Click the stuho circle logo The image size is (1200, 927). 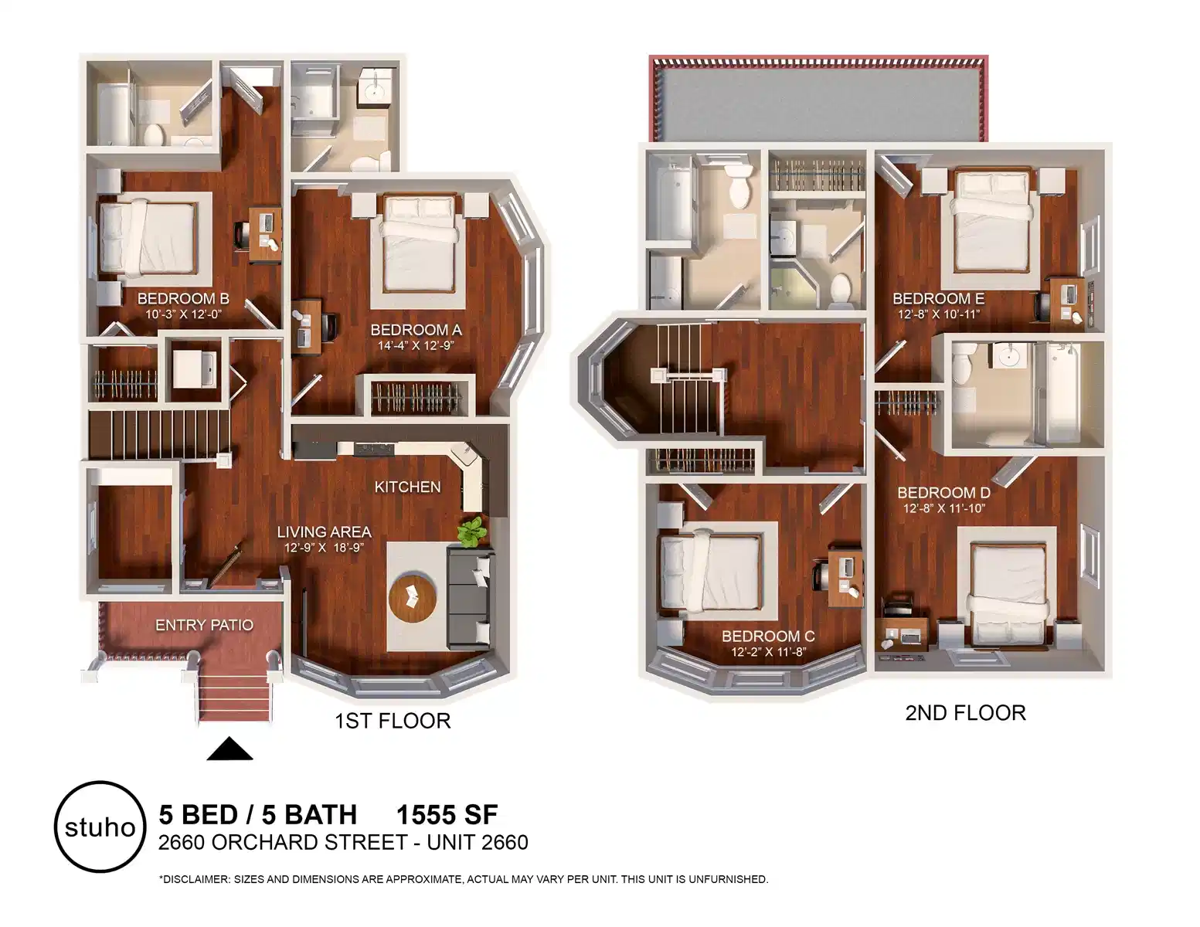[x=100, y=827]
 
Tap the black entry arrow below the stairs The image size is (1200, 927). [x=229, y=749]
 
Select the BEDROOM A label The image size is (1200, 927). [x=416, y=330]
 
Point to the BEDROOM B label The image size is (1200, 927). [x=183, y=299]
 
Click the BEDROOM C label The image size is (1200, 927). [x=768, y=636]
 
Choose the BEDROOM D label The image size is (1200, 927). [x=943, y=492]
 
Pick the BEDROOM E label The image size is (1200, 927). [x=938, y=298]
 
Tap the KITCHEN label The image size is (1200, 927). [x=407, y=487]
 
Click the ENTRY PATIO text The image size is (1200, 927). [x=204, y=625]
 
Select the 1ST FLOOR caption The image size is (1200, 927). [x=393, y=721]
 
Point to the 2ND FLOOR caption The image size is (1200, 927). [x=965, y=712]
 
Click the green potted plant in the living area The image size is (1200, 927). [x=471, y=531]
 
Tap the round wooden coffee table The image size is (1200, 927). [x=413, y=597]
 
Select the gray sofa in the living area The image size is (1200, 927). [x=470, y=598]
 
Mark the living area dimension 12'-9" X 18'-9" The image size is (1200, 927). [x=324, y=548]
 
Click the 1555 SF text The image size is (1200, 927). [x=447, y=815]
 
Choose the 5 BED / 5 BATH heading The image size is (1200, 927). [x=257, y=815]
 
